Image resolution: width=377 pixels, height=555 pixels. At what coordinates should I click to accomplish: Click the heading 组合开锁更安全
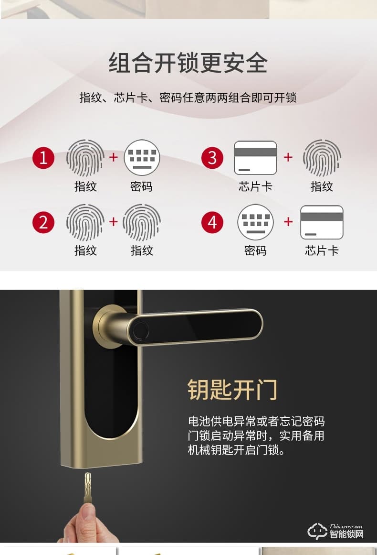[x=188, y=63]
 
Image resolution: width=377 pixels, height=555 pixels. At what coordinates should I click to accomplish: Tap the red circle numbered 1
[x=43, y=157]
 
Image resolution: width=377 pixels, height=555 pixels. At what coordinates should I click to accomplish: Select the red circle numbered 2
[x=43, y=222]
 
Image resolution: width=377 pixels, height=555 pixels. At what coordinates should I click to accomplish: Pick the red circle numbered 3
[x=212, y=157]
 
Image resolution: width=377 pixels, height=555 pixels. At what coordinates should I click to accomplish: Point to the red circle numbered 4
[x=212, y=222]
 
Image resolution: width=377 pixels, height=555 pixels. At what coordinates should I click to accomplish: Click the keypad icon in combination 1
[x=142, y=157]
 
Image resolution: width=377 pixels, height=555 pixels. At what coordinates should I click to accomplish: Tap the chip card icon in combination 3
[x=255, y=157]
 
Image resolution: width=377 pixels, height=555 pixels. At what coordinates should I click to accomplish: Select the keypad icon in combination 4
[x=255, y=222]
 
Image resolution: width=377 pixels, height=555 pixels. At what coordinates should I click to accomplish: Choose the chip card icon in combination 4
[x=322, y=222]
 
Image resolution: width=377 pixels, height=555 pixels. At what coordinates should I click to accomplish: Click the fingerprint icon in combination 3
[x=322, y=157]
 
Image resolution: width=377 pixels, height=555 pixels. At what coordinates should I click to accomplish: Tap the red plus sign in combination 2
[x=114, y=222]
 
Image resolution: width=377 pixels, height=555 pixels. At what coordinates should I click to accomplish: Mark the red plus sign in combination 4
[x=288, y=222]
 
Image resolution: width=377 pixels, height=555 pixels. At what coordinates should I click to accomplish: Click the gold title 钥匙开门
[x=232, y=390]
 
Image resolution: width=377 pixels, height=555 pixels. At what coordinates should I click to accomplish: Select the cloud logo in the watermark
[x=317, y=531]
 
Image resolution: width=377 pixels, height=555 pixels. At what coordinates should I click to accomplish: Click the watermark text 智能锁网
[x=346, y=534]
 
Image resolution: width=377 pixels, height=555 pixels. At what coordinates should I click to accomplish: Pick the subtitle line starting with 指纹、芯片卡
[x=188, y=98]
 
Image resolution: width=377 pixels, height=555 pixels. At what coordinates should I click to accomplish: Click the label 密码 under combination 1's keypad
[x=142, y=186]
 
